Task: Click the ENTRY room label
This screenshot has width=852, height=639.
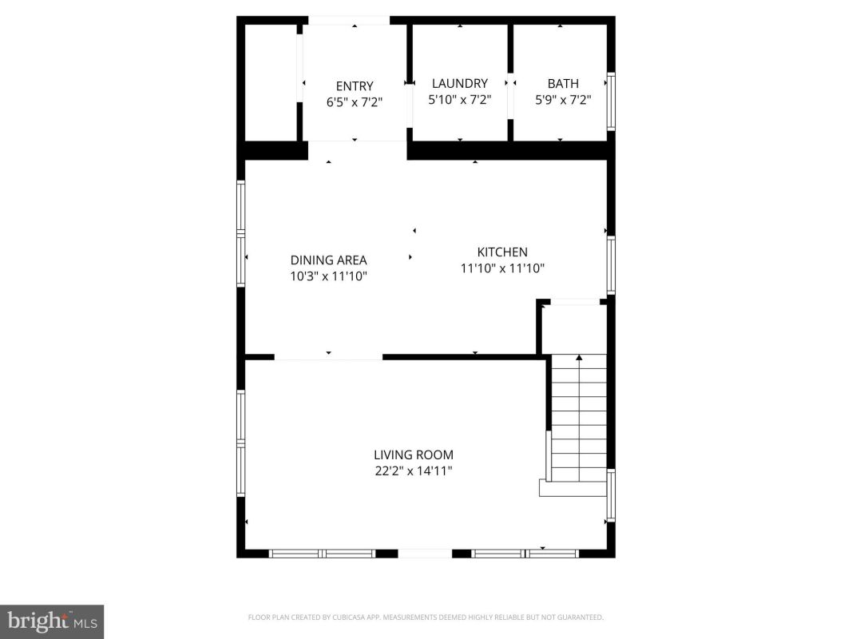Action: point(355,85)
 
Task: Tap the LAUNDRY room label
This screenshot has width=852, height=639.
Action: point(460,83)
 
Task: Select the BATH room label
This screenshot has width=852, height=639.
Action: point(563,84)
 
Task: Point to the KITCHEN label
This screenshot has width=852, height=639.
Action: point(502,252)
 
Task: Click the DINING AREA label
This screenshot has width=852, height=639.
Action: point(329,260)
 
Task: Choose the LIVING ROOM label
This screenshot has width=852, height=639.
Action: point(414,454)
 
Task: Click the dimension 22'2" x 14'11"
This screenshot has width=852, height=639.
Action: point(414,471)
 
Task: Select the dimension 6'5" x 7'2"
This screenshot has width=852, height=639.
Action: point(355,102)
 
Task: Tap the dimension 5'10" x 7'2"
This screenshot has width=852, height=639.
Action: point(460,100)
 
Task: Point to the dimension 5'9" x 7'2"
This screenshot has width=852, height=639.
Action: point(563,100)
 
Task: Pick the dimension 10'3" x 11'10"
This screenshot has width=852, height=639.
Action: point(329,276)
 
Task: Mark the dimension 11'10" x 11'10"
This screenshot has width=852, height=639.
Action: point(502,268)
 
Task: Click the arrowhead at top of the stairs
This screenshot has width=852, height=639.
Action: point(579,358)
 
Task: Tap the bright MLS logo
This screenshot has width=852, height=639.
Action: point(52,621)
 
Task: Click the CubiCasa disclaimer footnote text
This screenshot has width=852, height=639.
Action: point(426,617)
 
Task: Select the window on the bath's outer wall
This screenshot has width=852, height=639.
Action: point(611,101)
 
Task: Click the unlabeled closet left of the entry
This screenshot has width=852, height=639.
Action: point(271,82)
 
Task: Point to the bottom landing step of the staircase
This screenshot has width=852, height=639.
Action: point(573,488)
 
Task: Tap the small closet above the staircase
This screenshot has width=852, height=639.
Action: point(574,329)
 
